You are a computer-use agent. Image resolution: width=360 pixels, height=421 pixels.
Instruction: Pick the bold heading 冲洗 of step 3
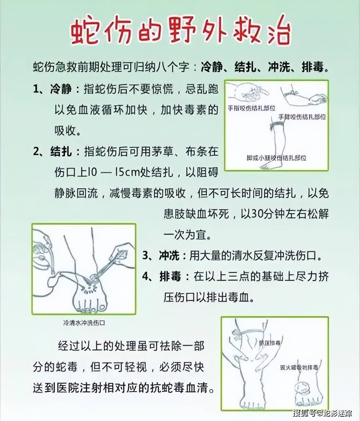click(169, 255)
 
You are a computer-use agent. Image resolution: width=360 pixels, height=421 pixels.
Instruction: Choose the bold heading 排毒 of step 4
click(169, 276)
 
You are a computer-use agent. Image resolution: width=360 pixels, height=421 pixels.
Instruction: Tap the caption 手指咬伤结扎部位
click(252, 108)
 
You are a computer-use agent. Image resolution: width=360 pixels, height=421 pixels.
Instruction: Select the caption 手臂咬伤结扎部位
click(302, 117)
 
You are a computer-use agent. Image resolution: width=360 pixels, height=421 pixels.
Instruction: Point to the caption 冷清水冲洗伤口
click(84, 323)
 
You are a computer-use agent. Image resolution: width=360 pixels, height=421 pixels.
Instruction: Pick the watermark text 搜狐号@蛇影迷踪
click(322, 413)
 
